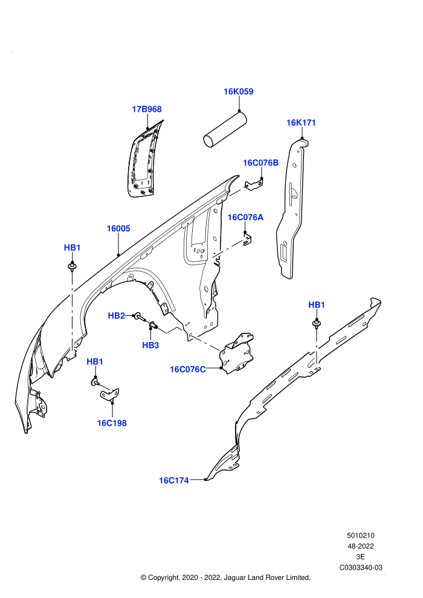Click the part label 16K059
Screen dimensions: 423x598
click(238, 92)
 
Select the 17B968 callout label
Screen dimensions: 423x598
click(147, 109)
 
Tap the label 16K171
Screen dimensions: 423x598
click(301, 123)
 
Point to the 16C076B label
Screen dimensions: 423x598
click(261, 163)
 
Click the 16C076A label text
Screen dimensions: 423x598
click(245, 217)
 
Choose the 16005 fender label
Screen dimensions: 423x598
click(118, 228)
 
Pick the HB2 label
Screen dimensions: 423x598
click(117, 316)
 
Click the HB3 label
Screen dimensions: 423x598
click(150, 345)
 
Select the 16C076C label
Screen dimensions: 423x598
click(188, 369)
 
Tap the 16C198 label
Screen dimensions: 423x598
click(112, 423)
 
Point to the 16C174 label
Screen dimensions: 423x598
click(174, 481)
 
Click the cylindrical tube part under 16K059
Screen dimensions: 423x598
click(225, 129)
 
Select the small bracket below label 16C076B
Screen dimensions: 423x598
click(254, 185)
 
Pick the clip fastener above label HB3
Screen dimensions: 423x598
click(153, 326)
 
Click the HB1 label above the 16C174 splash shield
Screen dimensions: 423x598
click(317, 304)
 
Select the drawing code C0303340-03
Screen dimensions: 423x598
click(361, 567)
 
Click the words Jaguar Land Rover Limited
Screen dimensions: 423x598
click(267, 577)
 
